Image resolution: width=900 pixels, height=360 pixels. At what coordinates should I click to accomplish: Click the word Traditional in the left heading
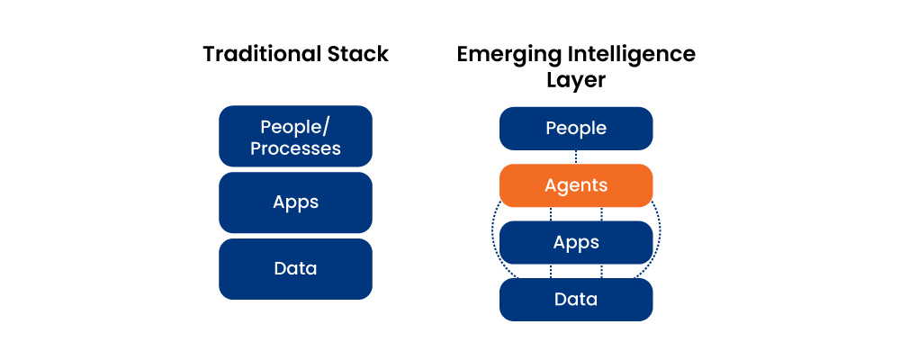262,54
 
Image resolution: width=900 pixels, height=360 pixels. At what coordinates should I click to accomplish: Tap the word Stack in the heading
357,54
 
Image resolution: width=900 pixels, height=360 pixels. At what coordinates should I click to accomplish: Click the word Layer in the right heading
576,80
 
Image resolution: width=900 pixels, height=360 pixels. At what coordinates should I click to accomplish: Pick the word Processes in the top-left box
295,148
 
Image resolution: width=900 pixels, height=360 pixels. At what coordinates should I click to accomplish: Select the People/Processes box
295,136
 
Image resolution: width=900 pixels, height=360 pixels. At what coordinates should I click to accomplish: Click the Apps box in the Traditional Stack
295,202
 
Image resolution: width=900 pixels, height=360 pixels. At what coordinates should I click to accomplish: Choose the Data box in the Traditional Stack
295,269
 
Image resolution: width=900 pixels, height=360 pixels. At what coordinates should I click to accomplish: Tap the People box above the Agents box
576,128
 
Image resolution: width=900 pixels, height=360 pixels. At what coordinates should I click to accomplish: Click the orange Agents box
576,185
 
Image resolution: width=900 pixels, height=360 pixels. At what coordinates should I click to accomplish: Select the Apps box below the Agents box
576,242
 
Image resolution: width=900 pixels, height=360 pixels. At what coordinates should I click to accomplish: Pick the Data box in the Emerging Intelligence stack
576,299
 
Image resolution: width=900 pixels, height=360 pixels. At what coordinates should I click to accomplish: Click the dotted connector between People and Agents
576,157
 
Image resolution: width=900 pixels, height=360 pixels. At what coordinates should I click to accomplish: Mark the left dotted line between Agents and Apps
551,214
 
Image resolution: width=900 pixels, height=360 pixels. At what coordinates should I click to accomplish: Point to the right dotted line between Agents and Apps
601,214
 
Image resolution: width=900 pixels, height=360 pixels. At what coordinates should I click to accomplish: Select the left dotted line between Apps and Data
551,271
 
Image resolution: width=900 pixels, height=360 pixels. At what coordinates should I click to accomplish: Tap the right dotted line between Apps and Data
601,271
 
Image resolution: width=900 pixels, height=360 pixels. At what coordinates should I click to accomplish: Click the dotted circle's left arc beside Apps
492,236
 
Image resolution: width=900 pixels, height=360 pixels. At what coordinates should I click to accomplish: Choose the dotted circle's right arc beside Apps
660,236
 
